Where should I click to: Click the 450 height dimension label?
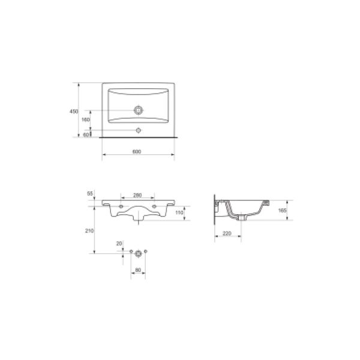tap(74, 112)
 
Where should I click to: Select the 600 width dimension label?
tap(137, 152)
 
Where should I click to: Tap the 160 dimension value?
tap(86, 119)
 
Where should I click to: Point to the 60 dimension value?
tap(86, 135)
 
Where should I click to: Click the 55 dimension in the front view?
tap(90, 194)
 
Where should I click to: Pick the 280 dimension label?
tap(137, 195)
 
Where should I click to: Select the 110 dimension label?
tap(179, 212)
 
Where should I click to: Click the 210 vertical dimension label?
tap(89, 231)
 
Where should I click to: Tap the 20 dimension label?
tap(119, 244)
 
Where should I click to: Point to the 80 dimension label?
tap(138, 270)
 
